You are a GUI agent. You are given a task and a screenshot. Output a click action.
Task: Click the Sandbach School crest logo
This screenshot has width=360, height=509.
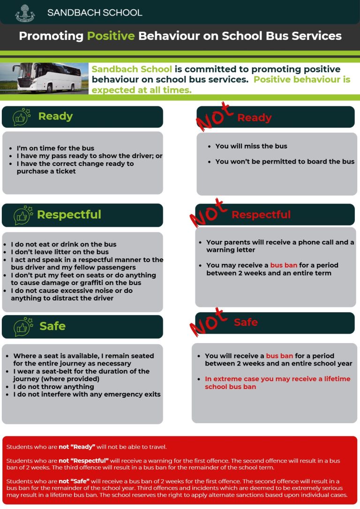point(25,13)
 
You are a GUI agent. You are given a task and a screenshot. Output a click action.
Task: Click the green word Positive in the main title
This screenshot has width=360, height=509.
point(111,36)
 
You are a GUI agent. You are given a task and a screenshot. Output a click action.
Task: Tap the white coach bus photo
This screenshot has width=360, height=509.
point(45,78)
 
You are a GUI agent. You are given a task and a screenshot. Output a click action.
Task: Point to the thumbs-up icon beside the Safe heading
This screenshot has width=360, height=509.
point(22,326)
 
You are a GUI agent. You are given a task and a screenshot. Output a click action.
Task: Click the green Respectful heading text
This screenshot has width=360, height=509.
point(69,215)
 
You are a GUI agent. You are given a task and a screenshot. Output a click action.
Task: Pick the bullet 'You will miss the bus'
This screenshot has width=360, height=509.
point(251,146)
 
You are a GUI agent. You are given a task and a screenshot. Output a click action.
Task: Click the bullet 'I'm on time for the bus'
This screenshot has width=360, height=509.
point(55,148)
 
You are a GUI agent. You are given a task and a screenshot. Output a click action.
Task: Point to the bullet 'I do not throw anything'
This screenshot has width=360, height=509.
point(53,387)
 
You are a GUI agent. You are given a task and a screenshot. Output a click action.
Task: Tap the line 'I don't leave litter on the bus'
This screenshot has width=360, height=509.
point(60,252)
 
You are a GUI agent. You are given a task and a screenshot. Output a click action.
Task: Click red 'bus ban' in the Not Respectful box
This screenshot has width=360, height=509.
point(284,265)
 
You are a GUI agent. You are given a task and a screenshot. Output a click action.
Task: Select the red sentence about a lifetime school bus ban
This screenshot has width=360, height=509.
point(277,383)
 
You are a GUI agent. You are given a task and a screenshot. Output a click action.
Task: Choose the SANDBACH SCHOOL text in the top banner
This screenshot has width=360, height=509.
point(95,13)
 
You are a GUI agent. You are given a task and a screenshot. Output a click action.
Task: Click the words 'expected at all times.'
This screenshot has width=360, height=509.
point(142,90)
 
